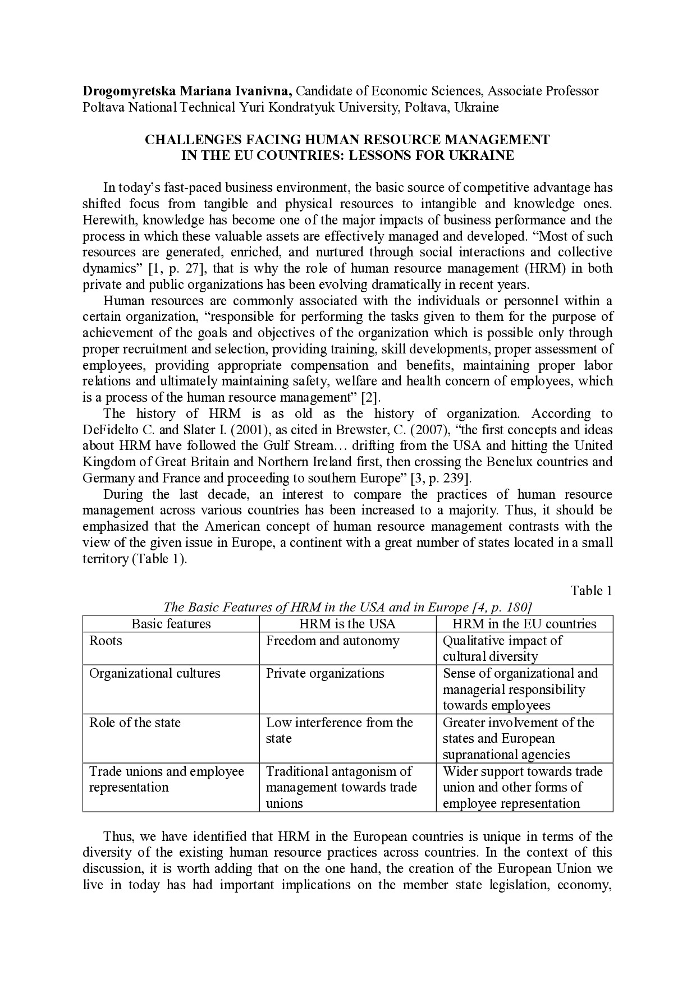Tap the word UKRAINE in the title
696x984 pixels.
482,155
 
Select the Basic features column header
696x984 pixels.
171,624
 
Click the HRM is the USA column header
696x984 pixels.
347,624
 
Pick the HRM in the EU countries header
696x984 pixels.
524,624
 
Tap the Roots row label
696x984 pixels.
106,641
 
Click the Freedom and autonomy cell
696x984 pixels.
332,641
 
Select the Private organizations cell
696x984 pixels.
325,673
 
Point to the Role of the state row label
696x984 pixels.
135,723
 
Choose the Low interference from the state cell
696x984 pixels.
339,730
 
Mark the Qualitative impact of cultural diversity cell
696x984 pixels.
502,649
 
